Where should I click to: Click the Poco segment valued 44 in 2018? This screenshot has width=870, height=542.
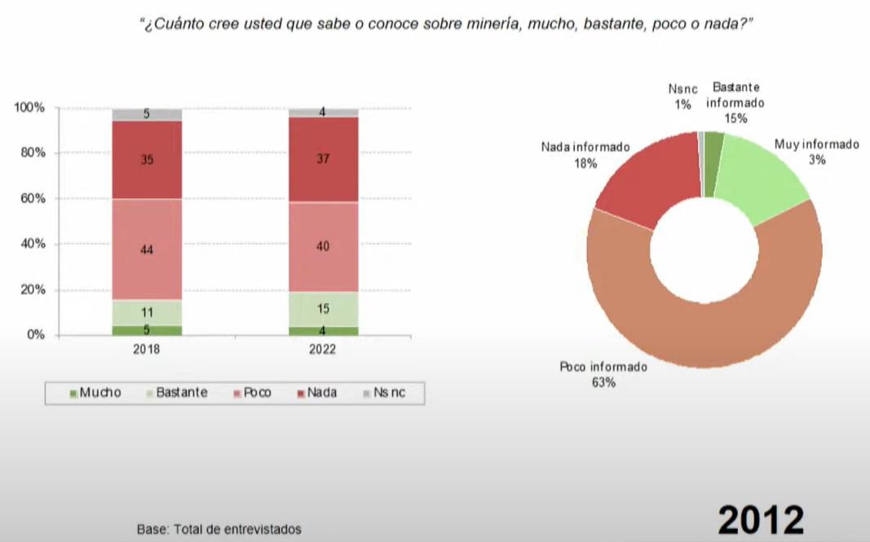point(148,249)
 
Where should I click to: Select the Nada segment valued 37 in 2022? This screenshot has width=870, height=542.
point(323,160)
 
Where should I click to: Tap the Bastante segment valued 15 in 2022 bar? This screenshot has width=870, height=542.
point(323,309)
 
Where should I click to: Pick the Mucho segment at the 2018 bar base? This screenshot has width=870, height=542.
point(148,330)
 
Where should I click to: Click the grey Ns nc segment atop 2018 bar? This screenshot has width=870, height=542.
point(148,114)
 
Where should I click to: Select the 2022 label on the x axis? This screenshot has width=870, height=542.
point(323,349)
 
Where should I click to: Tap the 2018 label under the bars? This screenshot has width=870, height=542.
point(148,349)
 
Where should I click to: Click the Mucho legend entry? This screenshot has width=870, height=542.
point(95,393)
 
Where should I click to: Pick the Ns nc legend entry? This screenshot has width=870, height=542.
point(382,393)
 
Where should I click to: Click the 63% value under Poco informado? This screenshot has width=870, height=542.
point(603,381)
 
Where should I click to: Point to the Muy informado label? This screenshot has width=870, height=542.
point(816,144)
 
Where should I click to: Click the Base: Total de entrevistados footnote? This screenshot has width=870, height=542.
point(219,530)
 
